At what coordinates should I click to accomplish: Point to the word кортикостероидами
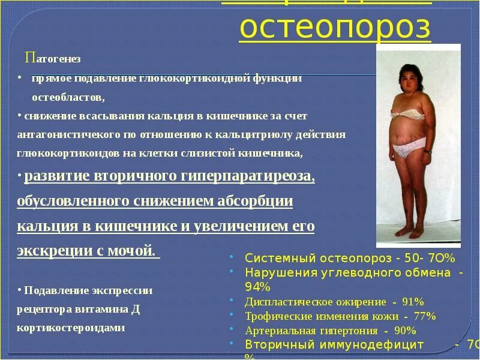pos(71,328)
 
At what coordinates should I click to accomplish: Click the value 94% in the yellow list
pos(258,287)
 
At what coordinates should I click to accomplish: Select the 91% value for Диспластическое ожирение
pos(412,301)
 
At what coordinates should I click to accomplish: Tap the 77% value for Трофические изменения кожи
pos(424,316)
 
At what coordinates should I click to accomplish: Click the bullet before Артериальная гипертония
pos(232,330)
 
